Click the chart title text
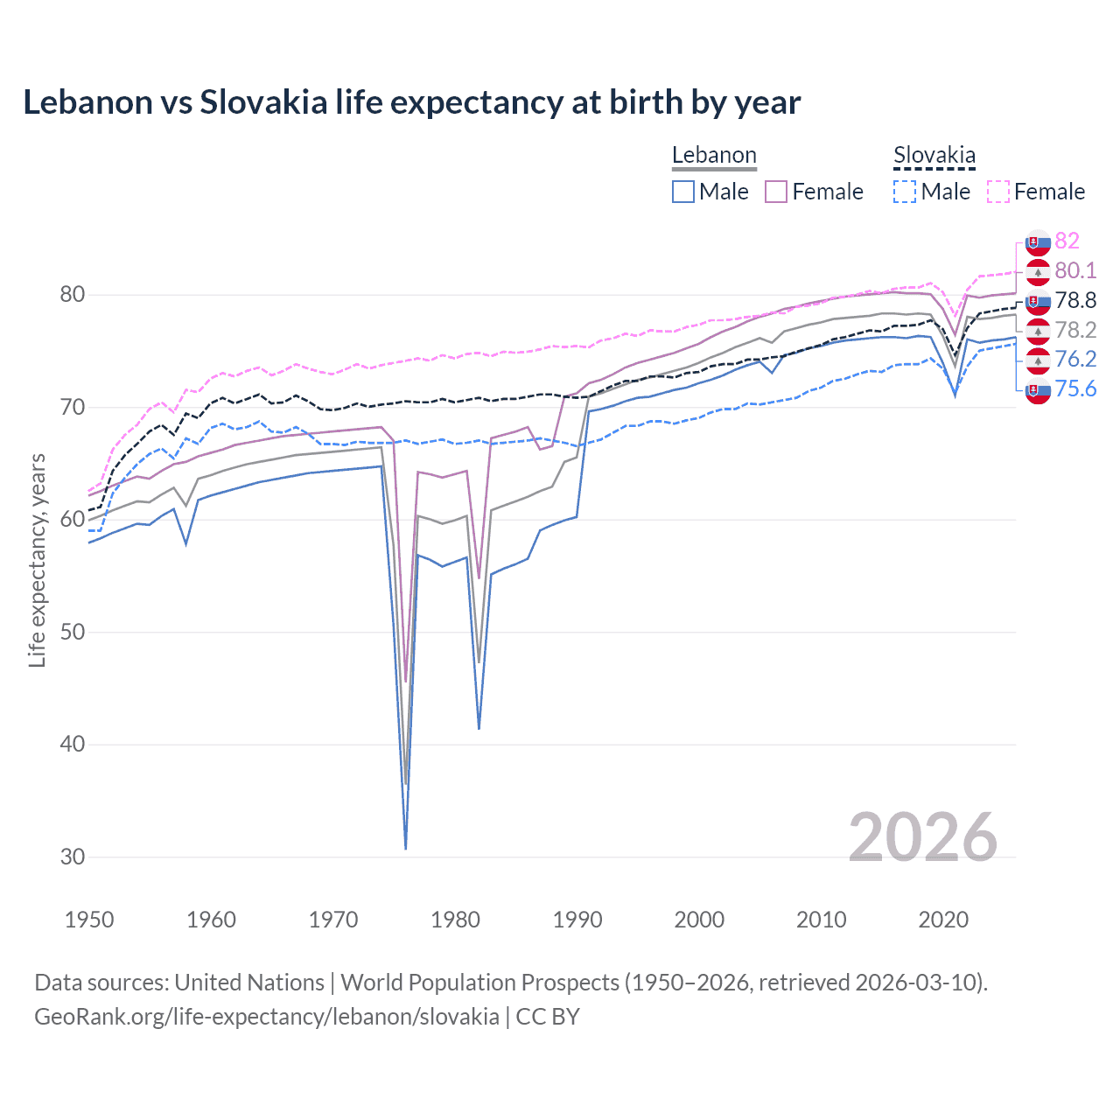click(x=411, y=102)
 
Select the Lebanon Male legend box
click(x=683, y=192)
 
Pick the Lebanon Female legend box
click(x=776, y=192)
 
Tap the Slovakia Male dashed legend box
click(x=905, y=192)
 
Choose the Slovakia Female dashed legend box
click(x=997, y=192)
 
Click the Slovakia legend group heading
click(x=934, y=156)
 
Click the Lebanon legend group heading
click(x=714, y=156)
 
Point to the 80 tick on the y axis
click(x=72, y=295)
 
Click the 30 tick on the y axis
click(x=72, y=857)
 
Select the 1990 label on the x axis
click(x=577, y=920)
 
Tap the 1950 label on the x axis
click(x=89, y=920)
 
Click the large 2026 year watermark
click(x=922, y=837)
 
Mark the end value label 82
click(x=1067, y=241)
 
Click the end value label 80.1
click(x=1075, y=270)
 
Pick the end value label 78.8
click(x=1075, y=300)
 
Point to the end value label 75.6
click(x=1075, y=388)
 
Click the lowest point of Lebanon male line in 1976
click(x=406, y=847)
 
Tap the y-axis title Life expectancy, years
click(x=37, y=560)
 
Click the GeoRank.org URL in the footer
click(x=267, y=1017)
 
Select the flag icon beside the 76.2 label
click(x=1038, y=360)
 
